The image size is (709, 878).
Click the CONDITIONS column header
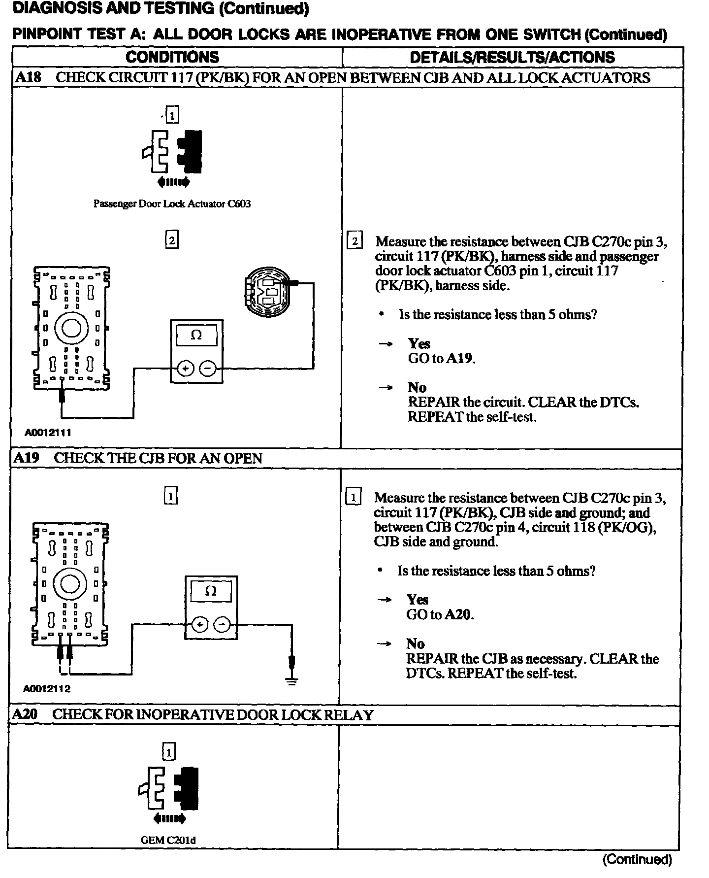click(x=172, y=57)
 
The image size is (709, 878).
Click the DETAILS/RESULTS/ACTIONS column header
click(x=512, y=57)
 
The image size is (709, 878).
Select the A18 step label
click(x=28, y=78)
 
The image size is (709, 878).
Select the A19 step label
click(x=26, y=458)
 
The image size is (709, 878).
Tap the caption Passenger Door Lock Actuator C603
click(x=172, y=204)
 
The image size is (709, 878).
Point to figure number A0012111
click(x=48, y=433)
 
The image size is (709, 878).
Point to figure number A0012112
click(x=47, y=689)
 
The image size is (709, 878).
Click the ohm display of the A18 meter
click(x=196, y=336)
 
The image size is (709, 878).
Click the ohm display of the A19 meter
click(x=210, y=591)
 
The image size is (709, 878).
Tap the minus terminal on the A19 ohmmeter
click(x=223, y=625)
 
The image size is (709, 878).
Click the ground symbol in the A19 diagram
click(x=292, y=682)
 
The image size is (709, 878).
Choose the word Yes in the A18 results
click(x=419, y=343)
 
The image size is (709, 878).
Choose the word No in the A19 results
click(x=415, y=644)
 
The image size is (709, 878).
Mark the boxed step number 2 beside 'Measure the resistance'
click(x=354, y=241)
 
